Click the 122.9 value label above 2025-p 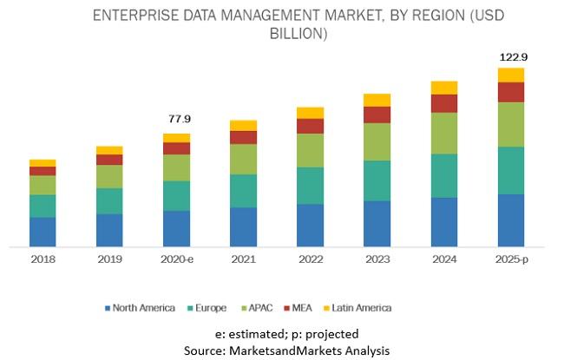pyautogui.click(x=512, y=57)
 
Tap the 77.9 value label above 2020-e pyautogui.click(x=177, y=118)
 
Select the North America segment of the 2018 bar pyautogui.click(x=43, y=232)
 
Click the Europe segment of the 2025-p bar pyautogui.click(x=511, y=170)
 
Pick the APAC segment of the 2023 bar pyautogui.click(x=377, y=141)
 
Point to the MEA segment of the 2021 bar pyautogui.click(x=243, y=137)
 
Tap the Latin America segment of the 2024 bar pyautogui.click(x=443, y=88)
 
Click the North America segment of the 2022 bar pyautogui.click(x=310, y=225)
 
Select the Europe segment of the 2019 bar pyautogui.click(x=109, y=200)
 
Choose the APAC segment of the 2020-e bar pyautogui.click(x=176, y=167)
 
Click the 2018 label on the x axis pyautogui.click(x=43, y=259)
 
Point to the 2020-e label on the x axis pyautogui.click(x=176, y=259)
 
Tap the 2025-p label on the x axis pyautogui.click(x=511, y=259)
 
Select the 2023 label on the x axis pyautogui.click(x=377, y=259)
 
